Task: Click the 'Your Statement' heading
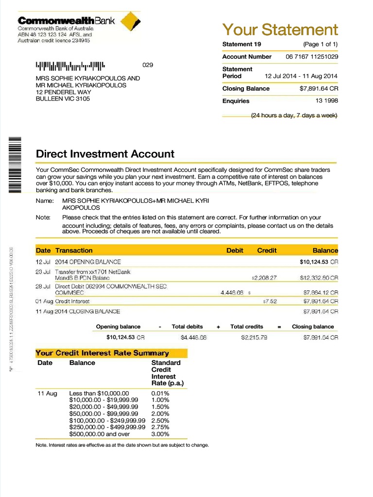pos(280,30)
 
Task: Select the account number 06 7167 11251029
pos(312,57)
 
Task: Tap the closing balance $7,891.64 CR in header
pos(319,89)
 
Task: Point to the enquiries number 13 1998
pos(327,101)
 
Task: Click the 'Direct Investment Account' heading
pos(105,154)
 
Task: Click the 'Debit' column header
pos(235,250)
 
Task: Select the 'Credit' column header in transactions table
pos(267,250)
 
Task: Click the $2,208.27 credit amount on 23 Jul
pos(264,278)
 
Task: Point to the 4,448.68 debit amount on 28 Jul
pos(232,293)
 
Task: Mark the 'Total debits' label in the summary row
pos(187,327)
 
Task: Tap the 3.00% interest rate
pos(160,434)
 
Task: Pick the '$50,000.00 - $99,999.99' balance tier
pos(103,414)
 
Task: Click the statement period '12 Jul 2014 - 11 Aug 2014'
pos(301,76)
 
